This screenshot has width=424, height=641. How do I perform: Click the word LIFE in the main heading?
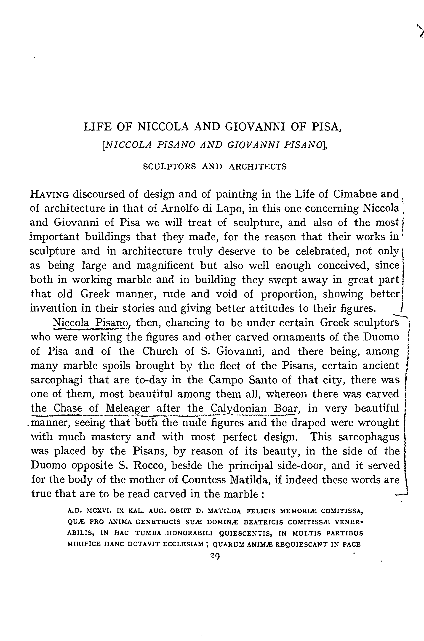tap(97, 127)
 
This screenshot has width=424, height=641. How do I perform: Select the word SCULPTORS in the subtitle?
tap(169, 167)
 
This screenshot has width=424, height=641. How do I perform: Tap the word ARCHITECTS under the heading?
tap(257, 167)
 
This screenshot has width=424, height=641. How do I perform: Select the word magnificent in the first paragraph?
tap(165, 266)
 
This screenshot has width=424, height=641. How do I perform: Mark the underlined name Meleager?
tap(127, 408)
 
